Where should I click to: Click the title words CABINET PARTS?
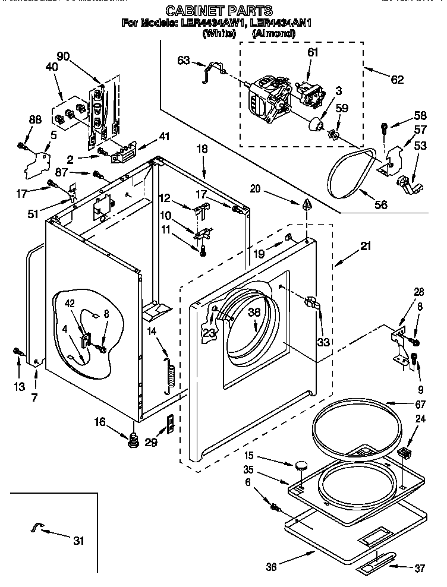(219, 11)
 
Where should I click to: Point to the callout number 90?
(63, 56)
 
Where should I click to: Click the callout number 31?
(78, 541)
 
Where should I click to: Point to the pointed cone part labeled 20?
(307, 206)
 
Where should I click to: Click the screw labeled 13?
(18, 354)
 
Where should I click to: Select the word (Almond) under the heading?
(273, 34)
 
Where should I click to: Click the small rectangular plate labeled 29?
(169, 423)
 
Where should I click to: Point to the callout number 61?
(313, 52)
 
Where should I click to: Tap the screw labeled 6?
(275, 507)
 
